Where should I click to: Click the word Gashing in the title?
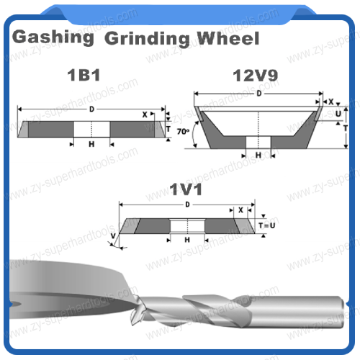tap(53, 37)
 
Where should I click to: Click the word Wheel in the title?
tap(228, 38)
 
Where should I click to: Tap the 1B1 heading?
tap(84, 75)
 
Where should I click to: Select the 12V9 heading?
tap(256, 76)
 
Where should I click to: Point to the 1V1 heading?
tap(186, 189)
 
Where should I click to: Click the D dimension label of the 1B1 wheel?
tap(91, 109)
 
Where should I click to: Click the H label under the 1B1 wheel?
tap(91, 144)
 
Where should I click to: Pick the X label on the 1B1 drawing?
tap(145, 114)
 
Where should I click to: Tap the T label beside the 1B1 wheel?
tap(168, 129)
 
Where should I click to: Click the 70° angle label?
tap(183, 132)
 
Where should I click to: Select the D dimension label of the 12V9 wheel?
tap(259, 94)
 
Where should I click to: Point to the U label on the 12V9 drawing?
tap(338, 113)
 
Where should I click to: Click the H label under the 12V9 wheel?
tap(258, 155)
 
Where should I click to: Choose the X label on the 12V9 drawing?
tap(331, 102)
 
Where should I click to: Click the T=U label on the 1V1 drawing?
tap(266, 225)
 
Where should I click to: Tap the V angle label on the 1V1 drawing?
tap(113, 236)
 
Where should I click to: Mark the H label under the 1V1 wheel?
tap(187, 240)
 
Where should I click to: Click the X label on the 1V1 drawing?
tap(240, 210)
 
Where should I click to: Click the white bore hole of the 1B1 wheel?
tap(91, 129)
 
